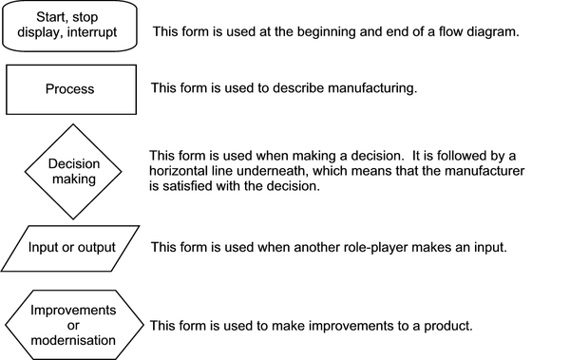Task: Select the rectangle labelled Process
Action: [x=70, y=89]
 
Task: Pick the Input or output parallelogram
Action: [x=70, y=247]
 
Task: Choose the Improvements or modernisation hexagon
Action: [x=73, y=326]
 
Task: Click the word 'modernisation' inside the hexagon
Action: [x=73, y=340]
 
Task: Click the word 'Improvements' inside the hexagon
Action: [x=73, y=311]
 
